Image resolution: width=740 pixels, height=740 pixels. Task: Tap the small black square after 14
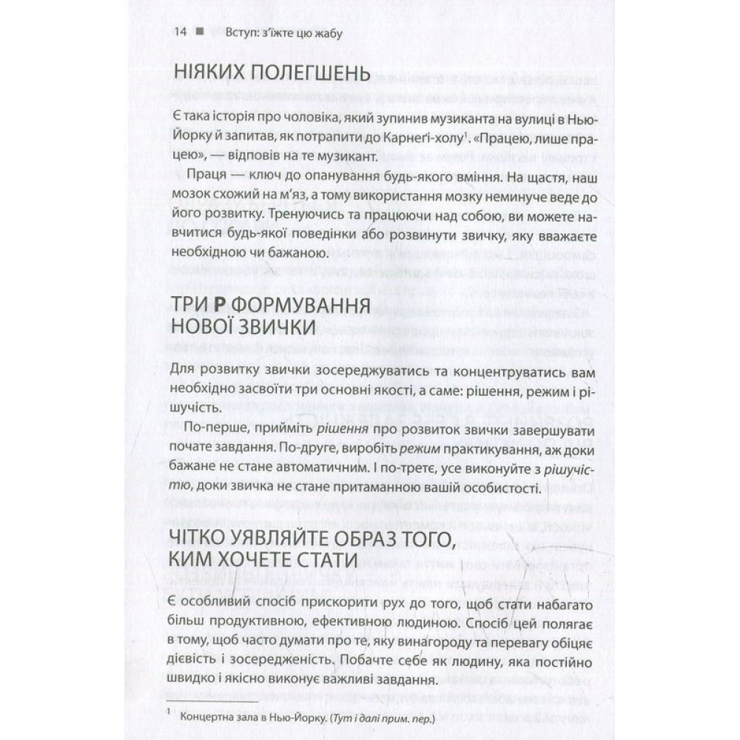click(x=200, y=33)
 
